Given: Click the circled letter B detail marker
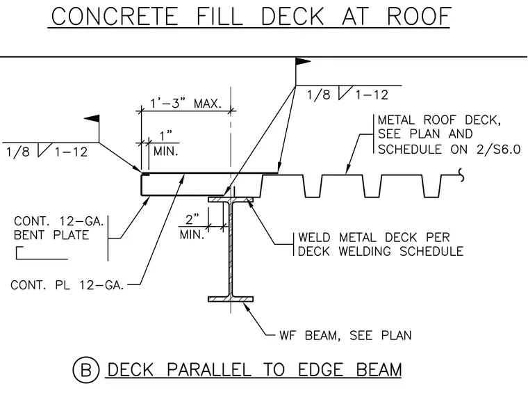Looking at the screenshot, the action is (86, 370).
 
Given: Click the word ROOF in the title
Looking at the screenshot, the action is (419, 16).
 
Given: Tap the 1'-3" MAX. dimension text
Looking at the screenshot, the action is (186, 103).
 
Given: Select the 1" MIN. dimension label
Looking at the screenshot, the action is (165, 144).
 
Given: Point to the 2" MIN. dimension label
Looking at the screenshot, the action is (192, 227).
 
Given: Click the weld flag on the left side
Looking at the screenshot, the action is (92, 119).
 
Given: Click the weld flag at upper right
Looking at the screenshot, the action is (303, 61).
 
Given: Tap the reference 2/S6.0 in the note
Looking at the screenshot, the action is (498, 149).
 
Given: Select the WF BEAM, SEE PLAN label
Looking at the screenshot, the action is (345, 335).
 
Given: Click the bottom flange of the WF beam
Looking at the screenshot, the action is (231, 299).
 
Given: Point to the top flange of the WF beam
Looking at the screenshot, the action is (231, 200).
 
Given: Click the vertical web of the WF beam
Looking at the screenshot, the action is (231, 250).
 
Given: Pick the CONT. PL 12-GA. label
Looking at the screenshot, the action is (67, 285).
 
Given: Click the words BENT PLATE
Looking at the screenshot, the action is (51, 235).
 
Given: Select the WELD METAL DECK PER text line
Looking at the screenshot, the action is (374, 237).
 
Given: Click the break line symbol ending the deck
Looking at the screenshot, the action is (461, 175).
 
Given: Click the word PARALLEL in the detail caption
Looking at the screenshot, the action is (209, 370).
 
